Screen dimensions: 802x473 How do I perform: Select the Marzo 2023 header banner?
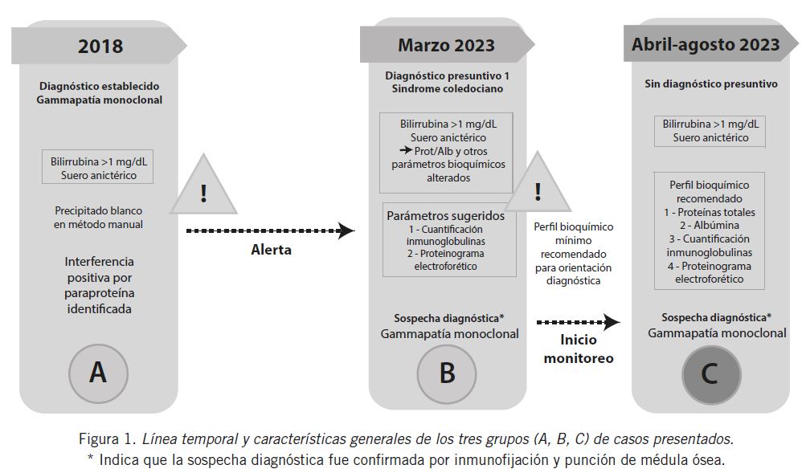pyautogui.click(x=446, y=45)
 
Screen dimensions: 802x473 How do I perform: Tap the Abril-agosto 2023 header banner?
pyautogui.click(x=705, y=45)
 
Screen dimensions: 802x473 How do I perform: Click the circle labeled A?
pyautogui.click(x=97, y=373)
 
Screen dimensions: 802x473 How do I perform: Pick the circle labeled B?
pyautogui.click(x=447, y=373)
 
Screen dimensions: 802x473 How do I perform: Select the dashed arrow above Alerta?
pyautogui.click(x=269, y=231)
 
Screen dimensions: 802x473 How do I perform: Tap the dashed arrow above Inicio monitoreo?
pyautogui.click(x=578, y=323)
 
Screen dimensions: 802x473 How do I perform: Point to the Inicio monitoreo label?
pyautogui.click(x=578, y=349)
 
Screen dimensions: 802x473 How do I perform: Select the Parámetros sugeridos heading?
pyautogui.click(x=445, y=215)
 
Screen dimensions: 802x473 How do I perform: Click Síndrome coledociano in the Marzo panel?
pyautogui.click(x=447, y=89)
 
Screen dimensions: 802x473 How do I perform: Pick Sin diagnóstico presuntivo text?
pyautogui.click(x=711, y=83)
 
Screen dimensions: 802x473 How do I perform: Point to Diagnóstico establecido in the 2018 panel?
pyautogui.click(x=99, y=86)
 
